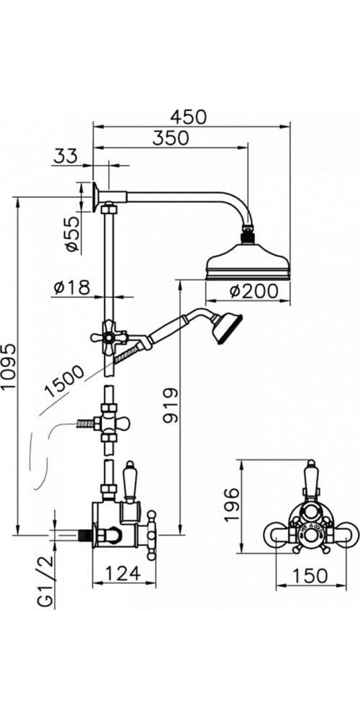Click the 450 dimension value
coord(188,117)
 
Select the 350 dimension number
coord(171,138)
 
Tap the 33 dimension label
coord(66,156)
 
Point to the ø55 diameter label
coord(72,234)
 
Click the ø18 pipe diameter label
coord(71,288)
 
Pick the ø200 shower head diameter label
coord(254,291)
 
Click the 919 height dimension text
coord(171,405)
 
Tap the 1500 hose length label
coord(65,381)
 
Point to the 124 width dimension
coord(123,572)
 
